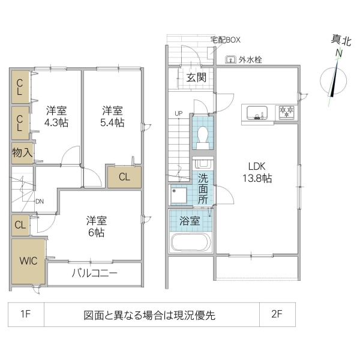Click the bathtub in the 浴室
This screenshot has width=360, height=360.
190,243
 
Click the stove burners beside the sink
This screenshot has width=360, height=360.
286,112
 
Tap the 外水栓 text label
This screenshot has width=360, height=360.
250,59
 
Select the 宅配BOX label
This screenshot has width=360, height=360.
225,40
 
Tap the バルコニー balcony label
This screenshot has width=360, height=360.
94,274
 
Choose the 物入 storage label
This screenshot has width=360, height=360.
22,152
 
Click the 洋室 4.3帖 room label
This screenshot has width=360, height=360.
57,116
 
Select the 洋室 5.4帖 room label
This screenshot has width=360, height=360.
112,116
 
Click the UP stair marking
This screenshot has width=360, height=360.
178,113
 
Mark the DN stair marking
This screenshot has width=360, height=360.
40,201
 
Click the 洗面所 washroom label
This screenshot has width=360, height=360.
203,188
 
